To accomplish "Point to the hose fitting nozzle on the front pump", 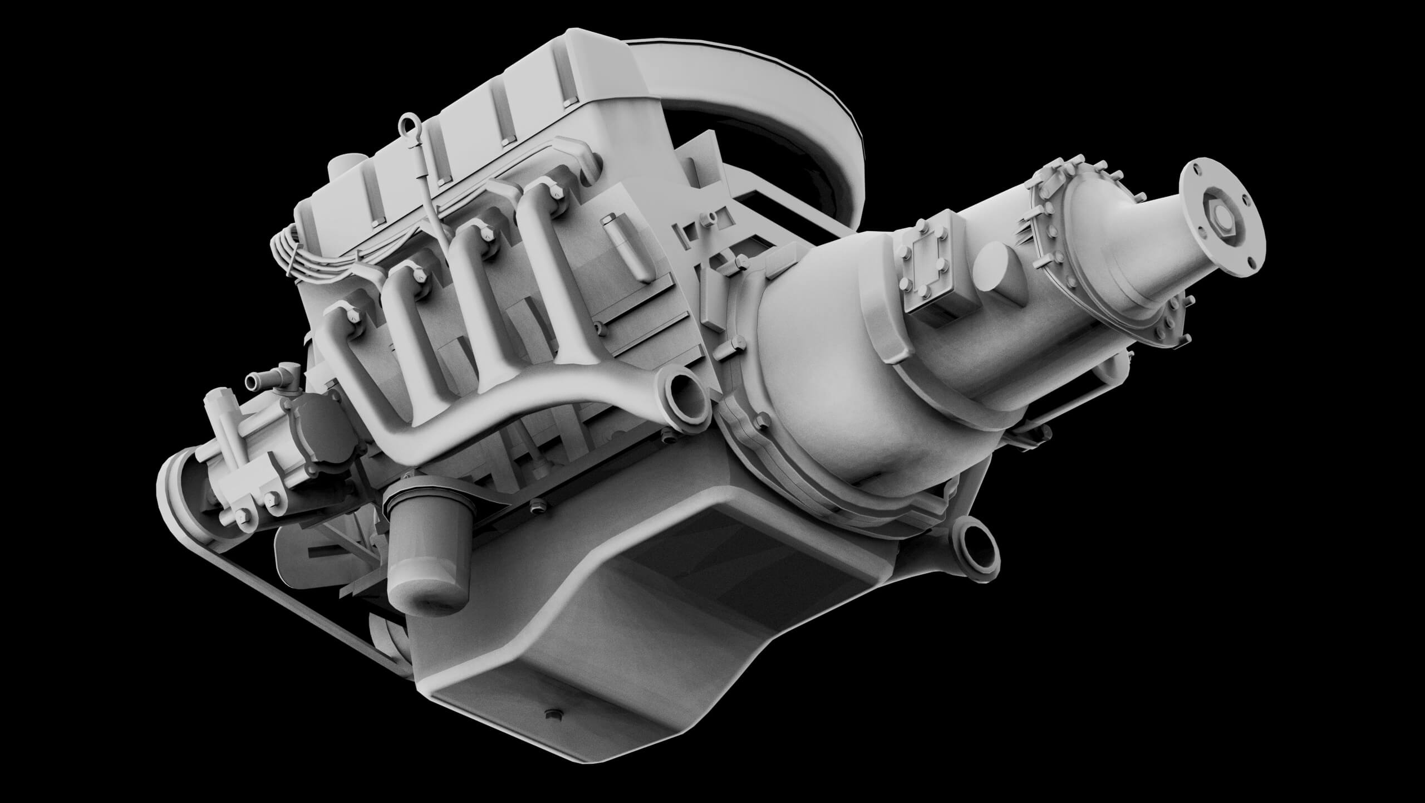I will (253, 381).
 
